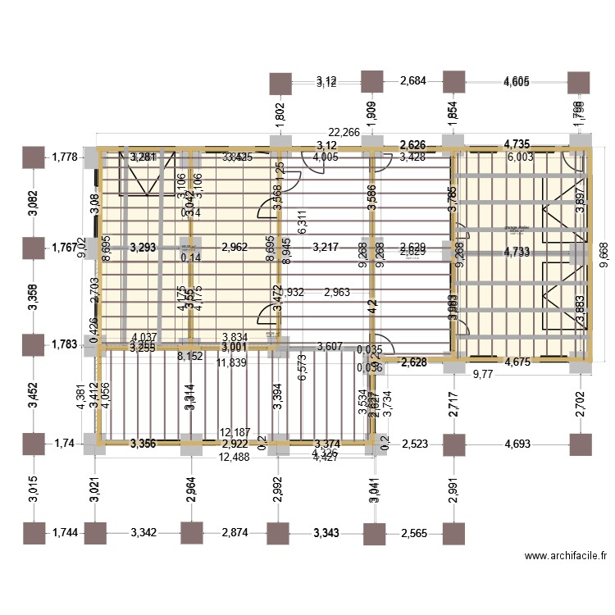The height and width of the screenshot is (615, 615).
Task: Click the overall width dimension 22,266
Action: (344, 132)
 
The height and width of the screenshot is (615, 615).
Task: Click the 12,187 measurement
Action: (237, 432)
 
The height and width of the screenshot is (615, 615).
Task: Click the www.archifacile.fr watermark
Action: (566, 555)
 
